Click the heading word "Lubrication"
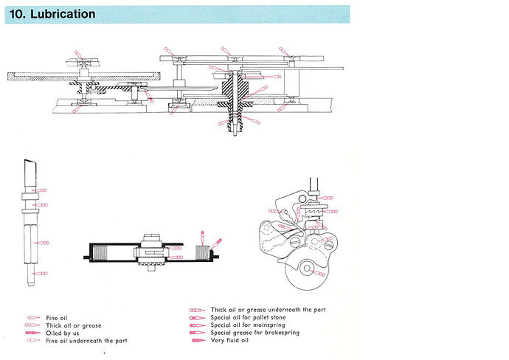63,14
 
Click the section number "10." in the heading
19,14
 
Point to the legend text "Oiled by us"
63,333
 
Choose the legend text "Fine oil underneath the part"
86,341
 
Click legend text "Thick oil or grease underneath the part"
268,310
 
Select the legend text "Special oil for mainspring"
247,325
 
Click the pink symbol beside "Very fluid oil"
198,341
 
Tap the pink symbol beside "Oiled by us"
33,333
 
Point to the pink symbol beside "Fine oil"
33,318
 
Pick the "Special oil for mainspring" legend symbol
198,325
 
